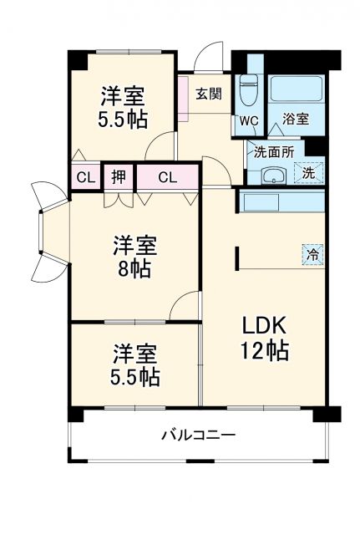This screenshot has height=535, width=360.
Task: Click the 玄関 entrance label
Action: click(210, 94)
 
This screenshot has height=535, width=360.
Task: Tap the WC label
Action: click(249, 120)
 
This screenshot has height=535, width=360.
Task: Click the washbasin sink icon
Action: click(272, 174)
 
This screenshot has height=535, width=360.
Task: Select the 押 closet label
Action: click(119, 176)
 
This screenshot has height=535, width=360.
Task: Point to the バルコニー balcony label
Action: click(198, 435)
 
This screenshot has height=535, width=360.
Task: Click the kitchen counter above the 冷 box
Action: click(281, 201)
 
